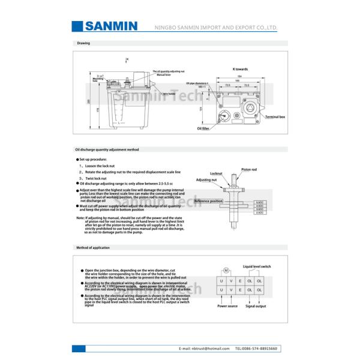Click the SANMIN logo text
112,26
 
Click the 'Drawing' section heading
83,43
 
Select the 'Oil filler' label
203,128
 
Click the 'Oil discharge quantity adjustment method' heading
107,149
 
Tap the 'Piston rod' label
250,170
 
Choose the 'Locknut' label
216,173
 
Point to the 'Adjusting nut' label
206,179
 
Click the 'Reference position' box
208,201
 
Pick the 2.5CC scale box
259,213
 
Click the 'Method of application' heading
92,247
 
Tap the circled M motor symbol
227,270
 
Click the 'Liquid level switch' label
257,266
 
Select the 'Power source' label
227,306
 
